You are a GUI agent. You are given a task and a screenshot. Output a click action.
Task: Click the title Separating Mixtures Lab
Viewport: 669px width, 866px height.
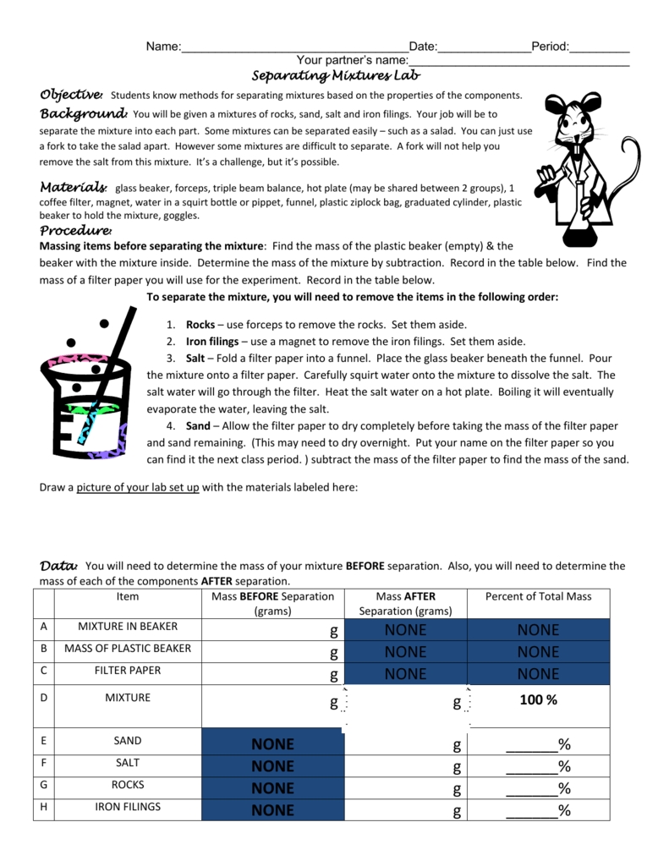pyautogui.click(x=337, y=77)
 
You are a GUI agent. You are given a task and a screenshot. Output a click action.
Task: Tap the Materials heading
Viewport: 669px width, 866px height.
pyautogui.click(x=74, y=187)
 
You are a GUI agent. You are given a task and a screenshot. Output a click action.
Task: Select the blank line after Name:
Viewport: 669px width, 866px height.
pyautogui.click(x=294, y=47)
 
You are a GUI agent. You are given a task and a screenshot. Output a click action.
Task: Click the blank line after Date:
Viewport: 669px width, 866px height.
pyautogui.click(x=484, y=47)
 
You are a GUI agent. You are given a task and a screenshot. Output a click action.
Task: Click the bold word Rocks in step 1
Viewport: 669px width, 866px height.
pyautogui.click(x=200, y=325)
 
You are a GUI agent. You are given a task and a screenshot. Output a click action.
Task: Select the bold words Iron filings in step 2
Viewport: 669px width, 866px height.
pyautogui.click(x=212, y=342)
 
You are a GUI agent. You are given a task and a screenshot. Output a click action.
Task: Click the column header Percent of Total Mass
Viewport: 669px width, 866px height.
pyautogui.click(x=538, y=596)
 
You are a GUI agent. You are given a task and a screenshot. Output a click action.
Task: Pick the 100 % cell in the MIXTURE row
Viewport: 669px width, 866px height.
pyautogui.click(x=538, y=700)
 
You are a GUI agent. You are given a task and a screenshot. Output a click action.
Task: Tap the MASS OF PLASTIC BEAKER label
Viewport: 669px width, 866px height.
pyautogui.click(x=128, y=649)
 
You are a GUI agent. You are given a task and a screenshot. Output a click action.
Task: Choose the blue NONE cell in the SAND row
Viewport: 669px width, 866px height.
pyautogui.click(x=272, y=744)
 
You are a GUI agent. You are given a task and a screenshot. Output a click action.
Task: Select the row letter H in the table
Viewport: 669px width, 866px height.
pyautogui.click(x=43, y=807)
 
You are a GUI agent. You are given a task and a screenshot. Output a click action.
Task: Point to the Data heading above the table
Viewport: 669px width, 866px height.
pyautogui.click(x=58, y=566)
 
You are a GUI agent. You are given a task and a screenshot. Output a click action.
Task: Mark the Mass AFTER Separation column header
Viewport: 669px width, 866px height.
pyautogui.click(x=405, y=603)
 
